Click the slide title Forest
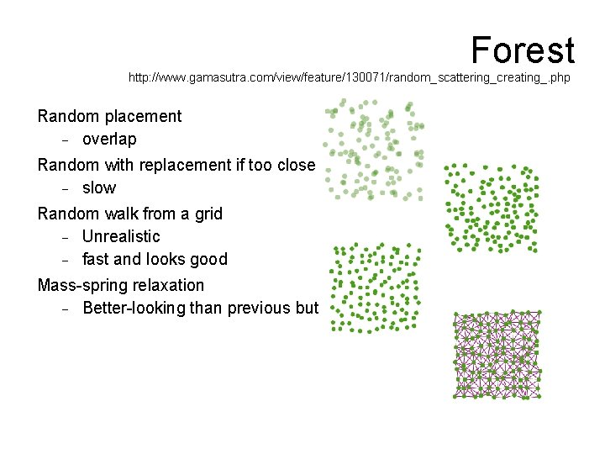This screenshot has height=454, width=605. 522,50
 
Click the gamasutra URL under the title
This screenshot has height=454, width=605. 349,77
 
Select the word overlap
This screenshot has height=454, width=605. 109,140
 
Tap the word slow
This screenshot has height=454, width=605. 99,188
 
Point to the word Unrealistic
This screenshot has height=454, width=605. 121,236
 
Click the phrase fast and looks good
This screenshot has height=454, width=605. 155,260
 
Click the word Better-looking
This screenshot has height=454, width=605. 134,309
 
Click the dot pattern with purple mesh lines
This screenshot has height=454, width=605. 497,355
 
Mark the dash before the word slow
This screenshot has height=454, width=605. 64,188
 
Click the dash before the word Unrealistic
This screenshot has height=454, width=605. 64,237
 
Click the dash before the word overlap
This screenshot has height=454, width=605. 64,140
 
